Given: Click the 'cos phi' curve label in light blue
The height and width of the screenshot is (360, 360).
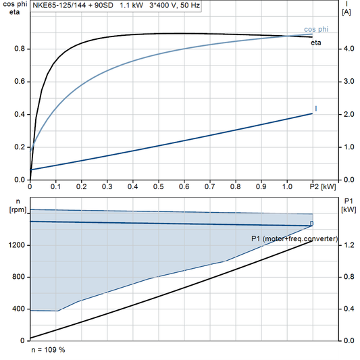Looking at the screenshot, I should [x=316, y=30].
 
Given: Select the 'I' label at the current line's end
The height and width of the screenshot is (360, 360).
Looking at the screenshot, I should [x=316, y=109].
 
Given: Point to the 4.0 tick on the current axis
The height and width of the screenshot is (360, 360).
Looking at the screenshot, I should [x=348, y=49].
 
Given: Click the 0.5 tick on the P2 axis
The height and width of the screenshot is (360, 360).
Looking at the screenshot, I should [x=158, y=186].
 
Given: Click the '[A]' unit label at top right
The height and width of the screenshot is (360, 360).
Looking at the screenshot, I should [x=346, y=11].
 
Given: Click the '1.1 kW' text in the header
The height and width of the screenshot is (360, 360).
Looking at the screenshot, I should [x=132, y=5].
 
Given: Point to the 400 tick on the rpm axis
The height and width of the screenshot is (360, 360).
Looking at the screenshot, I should [x=20, y=309].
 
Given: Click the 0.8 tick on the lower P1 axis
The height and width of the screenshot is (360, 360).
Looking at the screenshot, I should [x=348, y=277].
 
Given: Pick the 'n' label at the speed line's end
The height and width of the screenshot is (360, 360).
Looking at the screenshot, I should [x=311, y=223].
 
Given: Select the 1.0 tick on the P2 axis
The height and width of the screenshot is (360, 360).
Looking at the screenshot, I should [x=287, y=186].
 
